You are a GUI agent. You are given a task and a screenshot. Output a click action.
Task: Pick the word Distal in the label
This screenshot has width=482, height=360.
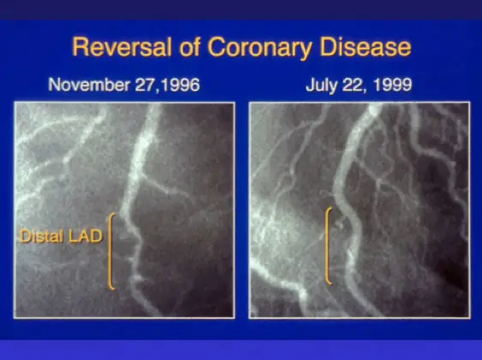(42, 237)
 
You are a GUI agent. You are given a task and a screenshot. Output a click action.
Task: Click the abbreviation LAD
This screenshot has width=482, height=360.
(85, 237)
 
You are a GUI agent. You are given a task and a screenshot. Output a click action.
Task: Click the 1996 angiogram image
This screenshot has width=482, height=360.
(125, 209)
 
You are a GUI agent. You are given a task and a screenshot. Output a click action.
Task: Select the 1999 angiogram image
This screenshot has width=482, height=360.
(361, 209)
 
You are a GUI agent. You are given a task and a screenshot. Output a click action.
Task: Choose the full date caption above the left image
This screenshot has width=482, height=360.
(119, 85)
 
